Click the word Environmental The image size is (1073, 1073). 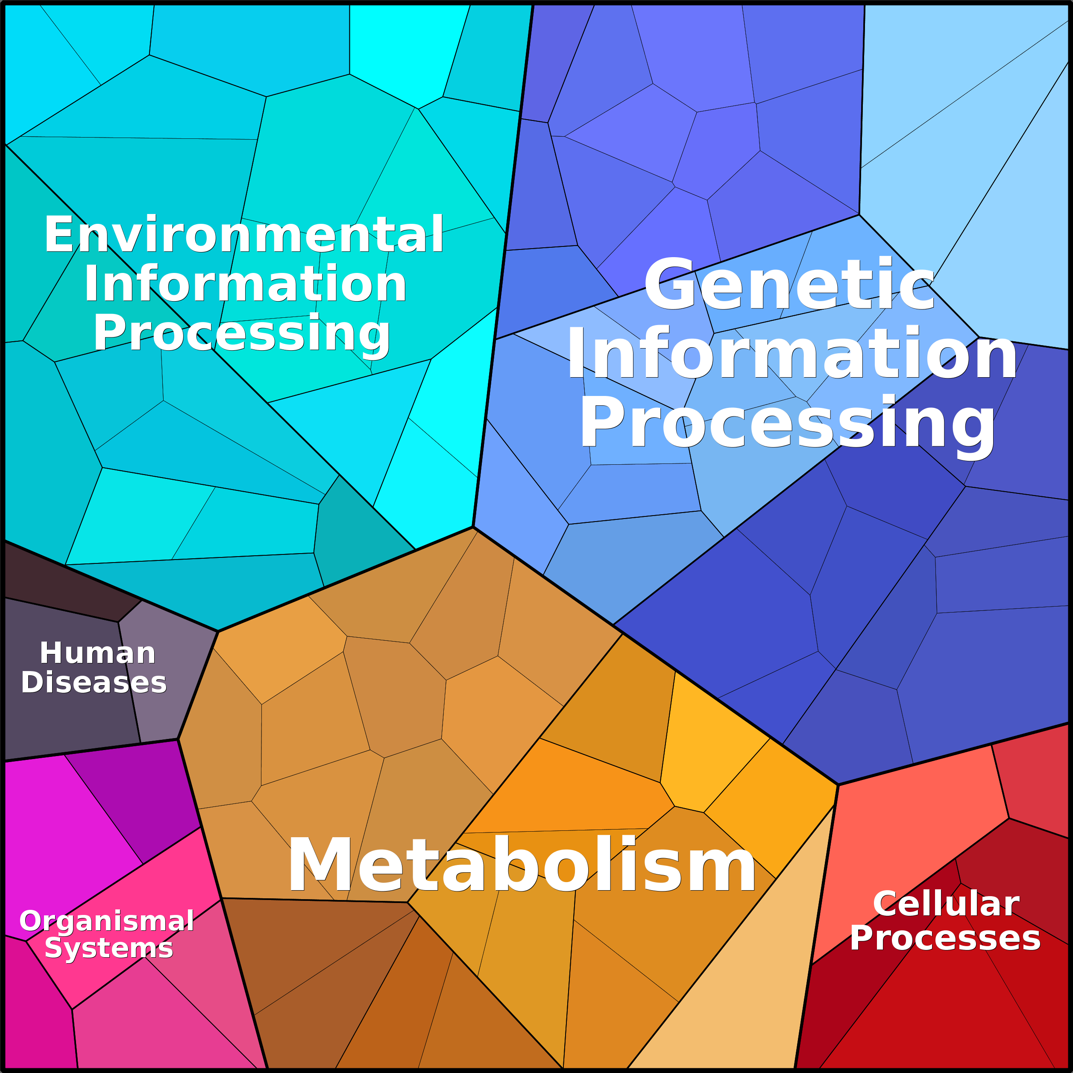click(x=244, y=235)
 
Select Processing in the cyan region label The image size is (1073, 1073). click(x=242, y=333)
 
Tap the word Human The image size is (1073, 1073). click(x=98, y=653)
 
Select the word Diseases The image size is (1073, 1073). click(x=94, y=682)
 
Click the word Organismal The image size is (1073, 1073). click(x=107, y=921)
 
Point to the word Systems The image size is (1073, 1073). click(x=109, y=947)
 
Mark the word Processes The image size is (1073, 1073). click(x=945, y=938)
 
